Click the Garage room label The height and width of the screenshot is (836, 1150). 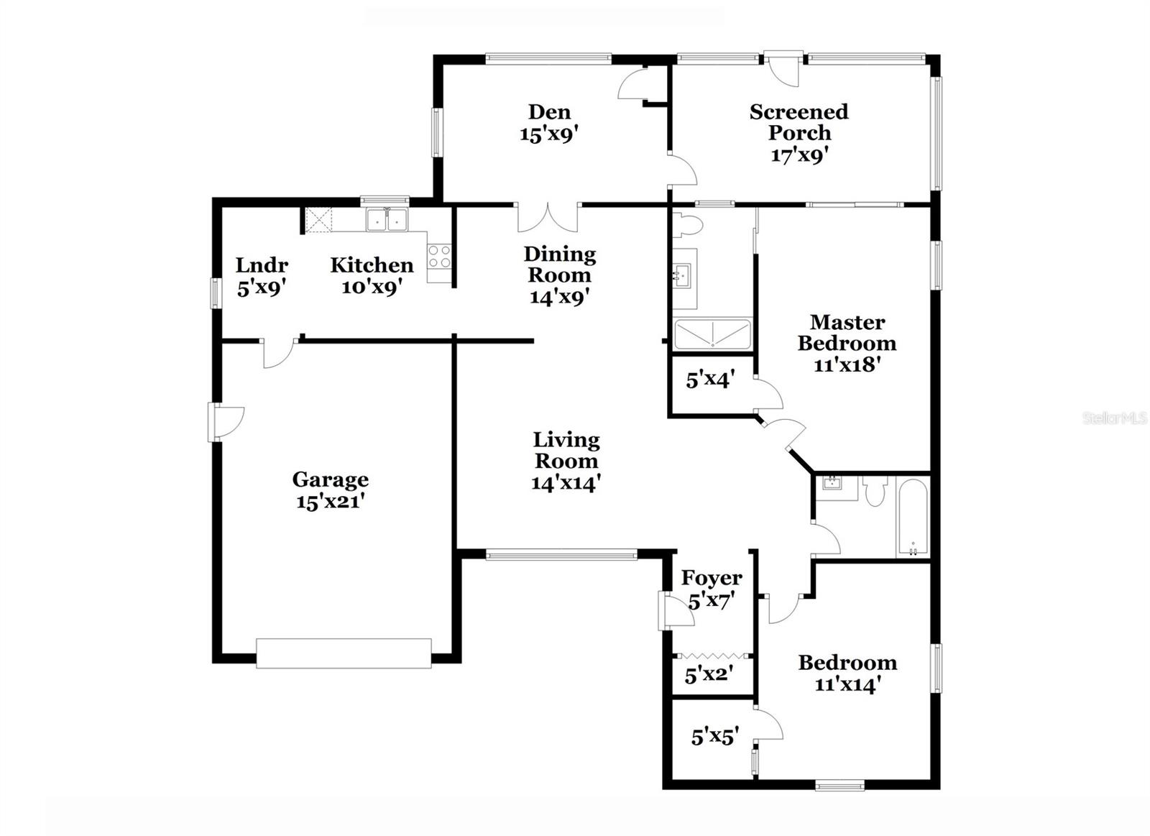click(330, 479)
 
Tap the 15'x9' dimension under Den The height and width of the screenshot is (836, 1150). click(550, 134)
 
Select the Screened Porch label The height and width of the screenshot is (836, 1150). click(799, 122)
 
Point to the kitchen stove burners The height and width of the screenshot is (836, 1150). click(439, 257)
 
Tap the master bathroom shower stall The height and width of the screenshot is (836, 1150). click(712, 334)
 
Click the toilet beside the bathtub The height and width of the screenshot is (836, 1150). click(875, 492)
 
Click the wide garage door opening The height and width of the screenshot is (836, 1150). click(344, 653)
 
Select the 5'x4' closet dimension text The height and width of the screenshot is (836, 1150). click(709, 380)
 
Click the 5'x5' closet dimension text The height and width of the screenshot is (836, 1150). click(714, 737)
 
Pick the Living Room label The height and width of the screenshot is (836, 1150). click(566, 450)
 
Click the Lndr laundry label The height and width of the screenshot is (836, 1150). click(262, 265)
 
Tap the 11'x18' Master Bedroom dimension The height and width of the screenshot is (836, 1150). click(847, 364)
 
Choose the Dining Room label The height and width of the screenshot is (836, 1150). click(559, 264)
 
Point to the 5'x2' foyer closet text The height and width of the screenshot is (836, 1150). click(709, 676)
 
